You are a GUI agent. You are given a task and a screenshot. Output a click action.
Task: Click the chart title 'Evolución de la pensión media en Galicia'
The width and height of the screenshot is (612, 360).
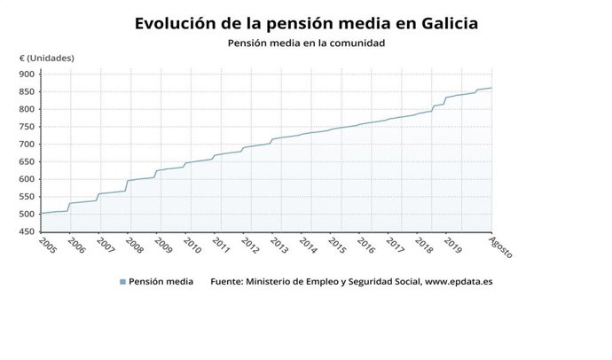[306, 23]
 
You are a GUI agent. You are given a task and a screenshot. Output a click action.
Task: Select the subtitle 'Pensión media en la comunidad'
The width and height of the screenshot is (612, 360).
[306, 43]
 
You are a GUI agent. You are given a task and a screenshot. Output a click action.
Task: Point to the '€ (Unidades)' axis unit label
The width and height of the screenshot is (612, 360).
[47, 59]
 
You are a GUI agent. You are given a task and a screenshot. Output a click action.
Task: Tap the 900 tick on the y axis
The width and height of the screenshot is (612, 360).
[27, 74]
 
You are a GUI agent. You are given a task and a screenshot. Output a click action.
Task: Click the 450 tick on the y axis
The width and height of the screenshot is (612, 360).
[27, 231]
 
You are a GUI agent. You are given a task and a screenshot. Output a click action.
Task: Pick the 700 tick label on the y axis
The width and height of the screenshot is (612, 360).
[27, 145]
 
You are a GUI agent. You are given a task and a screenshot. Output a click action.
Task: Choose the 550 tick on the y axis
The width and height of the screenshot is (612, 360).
[27, 197]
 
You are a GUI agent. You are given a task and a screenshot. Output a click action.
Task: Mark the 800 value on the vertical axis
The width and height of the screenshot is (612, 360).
[27, 109]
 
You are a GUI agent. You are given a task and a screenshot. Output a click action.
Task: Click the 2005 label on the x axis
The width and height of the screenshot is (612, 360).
[48, 245]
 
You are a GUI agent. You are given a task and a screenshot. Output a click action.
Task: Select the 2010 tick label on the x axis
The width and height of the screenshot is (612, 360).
[192, 245]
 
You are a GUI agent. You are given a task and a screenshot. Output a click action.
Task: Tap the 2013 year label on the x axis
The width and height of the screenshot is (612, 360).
[278, 245]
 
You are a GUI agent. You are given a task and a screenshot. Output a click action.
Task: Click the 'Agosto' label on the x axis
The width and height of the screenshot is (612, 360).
[501, 247]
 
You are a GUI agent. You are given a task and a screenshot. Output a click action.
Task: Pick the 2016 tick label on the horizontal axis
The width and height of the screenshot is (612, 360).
[365, 245]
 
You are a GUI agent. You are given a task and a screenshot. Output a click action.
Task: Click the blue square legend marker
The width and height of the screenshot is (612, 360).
[122, 283]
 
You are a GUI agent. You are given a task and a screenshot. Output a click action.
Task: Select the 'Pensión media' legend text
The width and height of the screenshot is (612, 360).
[161, 283]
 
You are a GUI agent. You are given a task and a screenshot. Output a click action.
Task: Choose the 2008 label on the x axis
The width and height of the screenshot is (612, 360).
[134, 245]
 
